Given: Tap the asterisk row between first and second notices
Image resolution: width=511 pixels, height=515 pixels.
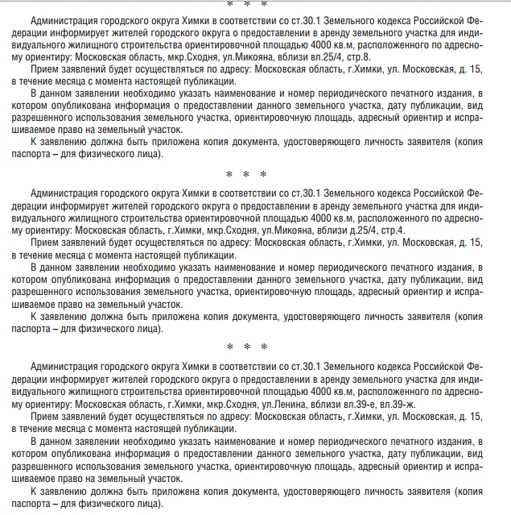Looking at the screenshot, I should click(246, 174).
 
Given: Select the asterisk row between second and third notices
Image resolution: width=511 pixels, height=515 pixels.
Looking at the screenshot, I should click(246, 347).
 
